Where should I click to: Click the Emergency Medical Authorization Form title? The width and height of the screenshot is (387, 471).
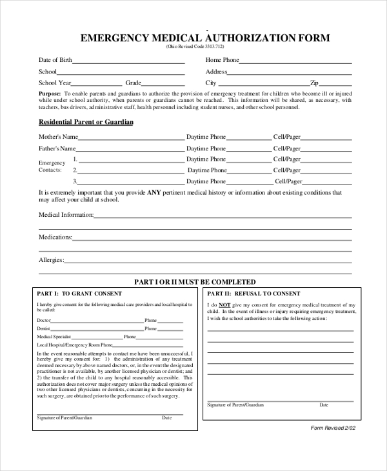click(204, 38)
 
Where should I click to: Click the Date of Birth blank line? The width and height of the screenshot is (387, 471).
click(128, 63)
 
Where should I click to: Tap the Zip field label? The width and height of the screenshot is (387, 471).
click(314, 83)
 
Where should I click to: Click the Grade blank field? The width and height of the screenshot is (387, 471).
click(163, 85)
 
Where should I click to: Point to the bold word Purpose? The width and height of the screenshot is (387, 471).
click(50, 94)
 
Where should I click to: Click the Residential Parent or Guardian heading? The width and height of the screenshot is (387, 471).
click(86, 122)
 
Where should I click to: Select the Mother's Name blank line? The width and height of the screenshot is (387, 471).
click(132, 139)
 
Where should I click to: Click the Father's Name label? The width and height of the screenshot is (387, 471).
click(58, 148)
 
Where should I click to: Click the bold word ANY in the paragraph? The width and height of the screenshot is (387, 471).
click(153, 192)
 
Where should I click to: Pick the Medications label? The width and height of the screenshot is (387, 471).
click(55, 237)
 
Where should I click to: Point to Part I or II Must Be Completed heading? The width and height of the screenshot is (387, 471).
click(194, 282)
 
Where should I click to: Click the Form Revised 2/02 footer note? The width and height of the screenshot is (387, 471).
click(332, 428)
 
